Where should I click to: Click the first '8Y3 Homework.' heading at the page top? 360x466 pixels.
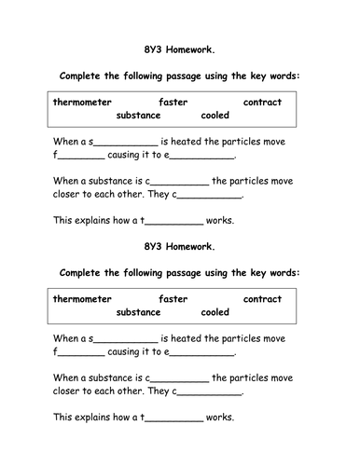coord(180,53)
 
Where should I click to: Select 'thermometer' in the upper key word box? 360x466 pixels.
coord(83,102)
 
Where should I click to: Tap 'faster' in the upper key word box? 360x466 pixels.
coord(173,102)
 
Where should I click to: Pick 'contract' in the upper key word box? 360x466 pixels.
coord(263,102)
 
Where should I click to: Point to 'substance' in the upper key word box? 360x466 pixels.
coord(138,116)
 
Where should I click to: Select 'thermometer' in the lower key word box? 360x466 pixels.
coord(83,299)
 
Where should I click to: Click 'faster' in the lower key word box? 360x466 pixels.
coord(173,299)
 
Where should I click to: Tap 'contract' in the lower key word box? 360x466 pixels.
coord(263,299)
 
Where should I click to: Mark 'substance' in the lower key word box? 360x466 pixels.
coord(138,313)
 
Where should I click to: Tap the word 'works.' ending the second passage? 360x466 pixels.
coord(220,418)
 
